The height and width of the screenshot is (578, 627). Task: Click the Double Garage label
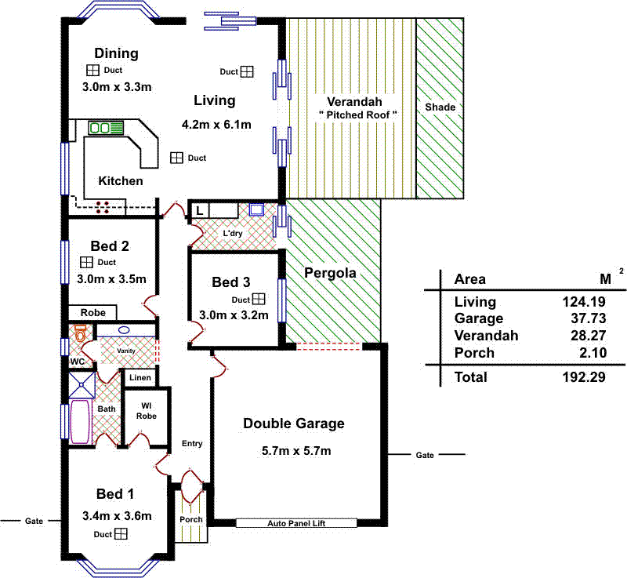pyautogui.click(x=293, y=424)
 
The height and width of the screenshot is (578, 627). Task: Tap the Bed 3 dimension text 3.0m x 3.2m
pyautogui.click(x=234, y=316)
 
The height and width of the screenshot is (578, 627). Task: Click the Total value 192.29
pyautogui.click(x=578, y=377)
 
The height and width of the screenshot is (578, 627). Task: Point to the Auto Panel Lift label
pyautogui.click(x=295, y=523)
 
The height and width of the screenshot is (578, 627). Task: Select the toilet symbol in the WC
pyautogui.click(x=78, y=334)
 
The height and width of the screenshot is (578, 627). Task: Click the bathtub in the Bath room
pyautogui.click(x=80, y=422)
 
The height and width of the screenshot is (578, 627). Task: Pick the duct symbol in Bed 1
pyautogui.click(x=121, y=534)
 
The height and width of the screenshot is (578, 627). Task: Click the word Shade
pyautogui.click(x=440, y=107)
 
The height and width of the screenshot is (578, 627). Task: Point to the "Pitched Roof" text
pyautogui.click(x=358, y=115)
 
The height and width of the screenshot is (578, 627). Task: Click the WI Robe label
pyautogui.click(x=146, y=410)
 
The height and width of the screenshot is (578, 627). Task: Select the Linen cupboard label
pyautogui.click(x=140, y=378)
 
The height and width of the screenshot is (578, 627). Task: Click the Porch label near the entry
pyautogui.click(x=190, y=519)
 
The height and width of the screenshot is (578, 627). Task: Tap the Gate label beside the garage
pyautogui.click(x=424, y=455)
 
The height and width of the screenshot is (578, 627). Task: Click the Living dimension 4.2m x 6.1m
pyautogui.click(x=216, y=125)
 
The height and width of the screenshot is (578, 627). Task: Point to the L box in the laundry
pyautogui.click(x=200, y=210)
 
